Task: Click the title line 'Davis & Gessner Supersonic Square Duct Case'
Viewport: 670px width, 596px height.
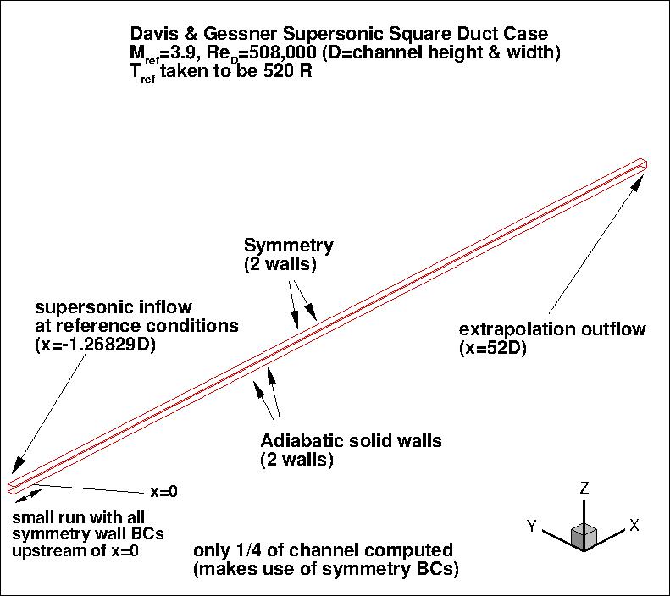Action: point(338,34)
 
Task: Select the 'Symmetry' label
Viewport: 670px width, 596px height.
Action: point(289,246)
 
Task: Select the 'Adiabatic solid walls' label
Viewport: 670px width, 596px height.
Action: point(351,442)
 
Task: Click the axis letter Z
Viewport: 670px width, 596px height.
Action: point(584,489)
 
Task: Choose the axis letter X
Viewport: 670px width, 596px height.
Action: point(633,526)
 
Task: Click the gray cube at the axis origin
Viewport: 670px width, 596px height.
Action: point(584,535)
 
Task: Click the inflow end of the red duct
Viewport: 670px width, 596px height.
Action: point(14,487)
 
